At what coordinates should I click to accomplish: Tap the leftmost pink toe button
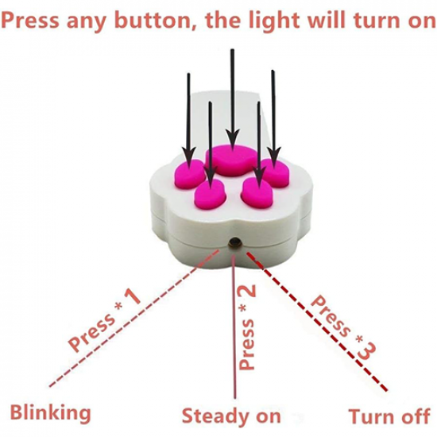click(190, 174)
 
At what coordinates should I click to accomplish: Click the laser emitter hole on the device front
click(234, 242)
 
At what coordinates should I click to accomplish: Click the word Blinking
click(50, 413)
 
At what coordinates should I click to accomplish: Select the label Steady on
click(231, 416)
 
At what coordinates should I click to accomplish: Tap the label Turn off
click(389, 416)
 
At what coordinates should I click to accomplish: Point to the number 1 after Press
click(133, 296)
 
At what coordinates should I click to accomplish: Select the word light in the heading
click(273, 21)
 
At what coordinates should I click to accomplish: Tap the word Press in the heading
click(30, 21)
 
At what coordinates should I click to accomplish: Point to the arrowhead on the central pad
click(233, 139)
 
